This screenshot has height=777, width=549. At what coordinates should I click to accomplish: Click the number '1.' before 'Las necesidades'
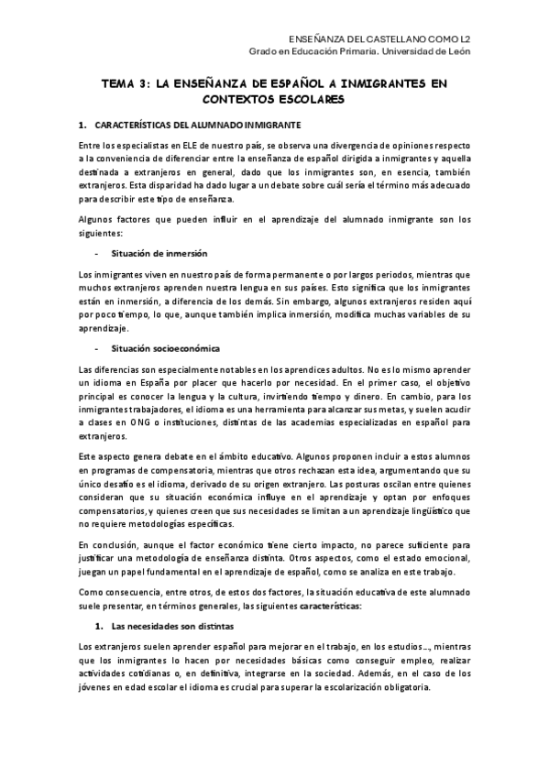[98, 627]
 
